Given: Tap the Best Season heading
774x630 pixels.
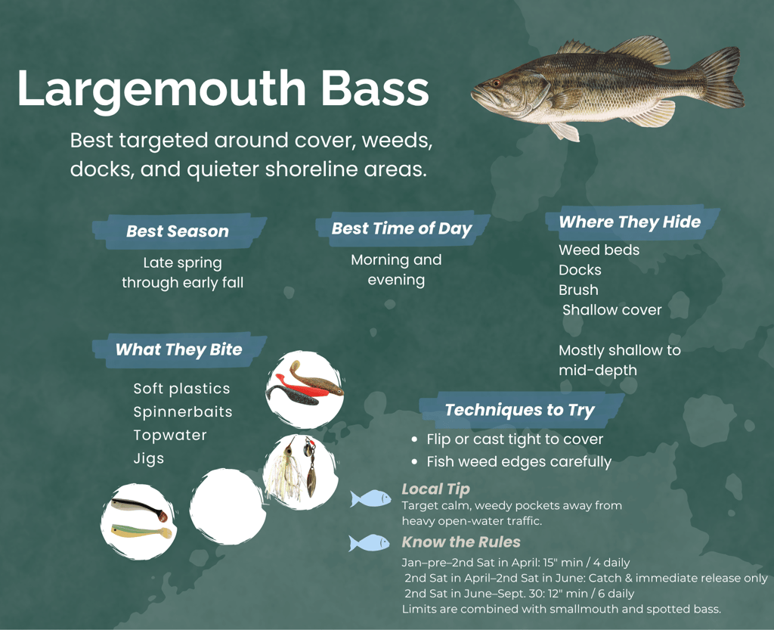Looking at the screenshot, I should [178, 231].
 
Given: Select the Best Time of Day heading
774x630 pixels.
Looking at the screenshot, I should [401, 228].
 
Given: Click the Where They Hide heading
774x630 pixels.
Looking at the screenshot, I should [630, 222].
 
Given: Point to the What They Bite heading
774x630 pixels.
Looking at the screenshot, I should [178, 349].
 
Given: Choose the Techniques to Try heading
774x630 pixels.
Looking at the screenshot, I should [519, 410].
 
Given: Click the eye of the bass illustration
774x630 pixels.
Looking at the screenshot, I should [497, 82].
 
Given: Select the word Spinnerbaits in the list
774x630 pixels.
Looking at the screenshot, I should [183, 412].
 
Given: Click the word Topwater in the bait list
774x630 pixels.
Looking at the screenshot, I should [170, 435].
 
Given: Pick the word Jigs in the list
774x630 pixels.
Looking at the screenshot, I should [149, 458].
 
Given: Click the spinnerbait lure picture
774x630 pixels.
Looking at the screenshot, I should [299, 470].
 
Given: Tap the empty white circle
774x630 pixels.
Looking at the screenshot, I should [227, 507].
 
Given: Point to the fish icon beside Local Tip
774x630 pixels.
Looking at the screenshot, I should [370, 498].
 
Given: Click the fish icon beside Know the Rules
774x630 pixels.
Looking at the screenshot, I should [370, 543].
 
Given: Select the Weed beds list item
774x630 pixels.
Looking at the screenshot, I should [599, 250].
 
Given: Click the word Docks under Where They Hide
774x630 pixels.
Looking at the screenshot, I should [580, 270].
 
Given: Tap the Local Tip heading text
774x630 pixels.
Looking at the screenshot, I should [435, 489].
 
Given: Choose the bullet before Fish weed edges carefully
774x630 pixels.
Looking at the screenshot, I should [414, 461].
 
